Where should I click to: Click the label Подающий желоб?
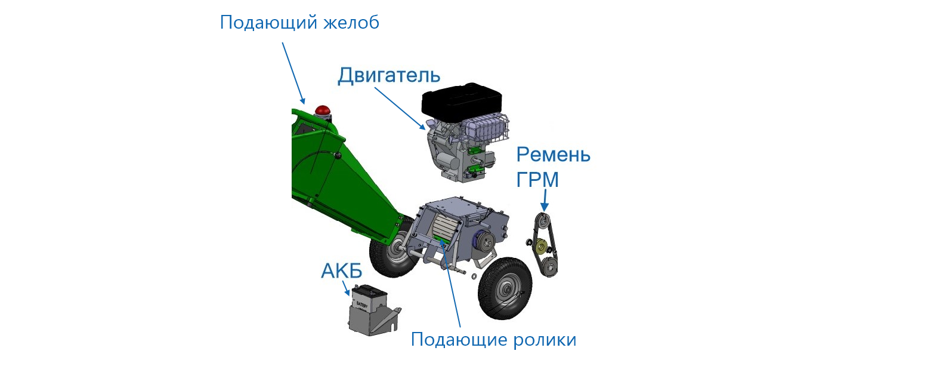point(299,23)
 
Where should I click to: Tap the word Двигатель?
point(389,75)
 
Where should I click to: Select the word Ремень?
point(554,155)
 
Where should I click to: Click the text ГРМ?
point(537,179)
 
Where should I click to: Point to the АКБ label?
point(342,270)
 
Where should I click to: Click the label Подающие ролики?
point(493,339)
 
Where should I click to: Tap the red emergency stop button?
point(323,110)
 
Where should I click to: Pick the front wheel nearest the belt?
point(505,288)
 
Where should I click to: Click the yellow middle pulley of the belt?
point(541,246)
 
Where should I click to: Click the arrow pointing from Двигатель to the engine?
point(400,108)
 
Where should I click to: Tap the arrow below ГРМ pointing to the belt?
point(545,200)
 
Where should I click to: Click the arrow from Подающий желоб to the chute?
point(293,73)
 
